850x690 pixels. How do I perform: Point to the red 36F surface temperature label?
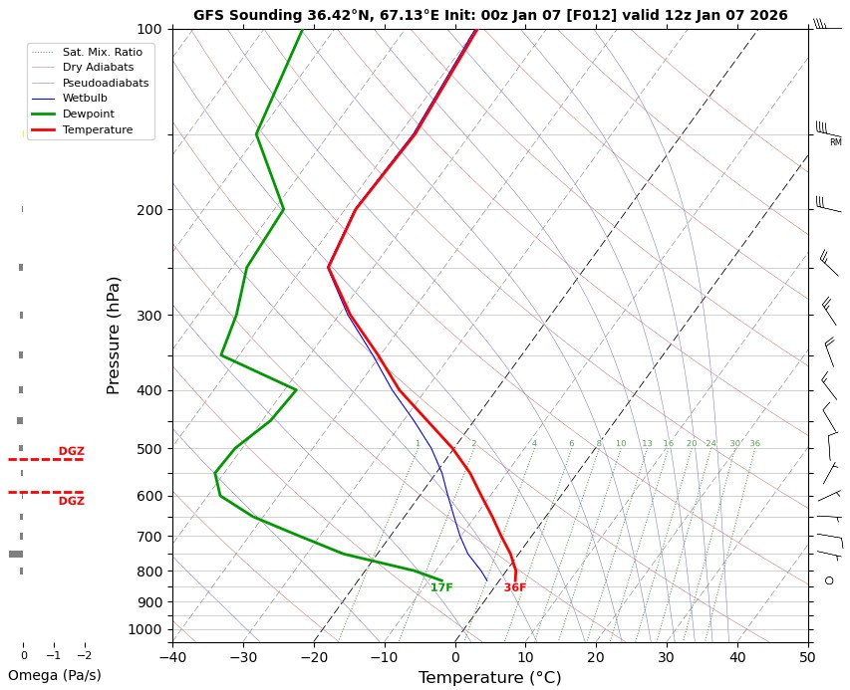[514, 587]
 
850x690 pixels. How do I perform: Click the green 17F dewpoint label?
[441, 587]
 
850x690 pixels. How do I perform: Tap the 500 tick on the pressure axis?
[149, 449]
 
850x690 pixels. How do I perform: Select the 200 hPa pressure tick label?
[149, 210]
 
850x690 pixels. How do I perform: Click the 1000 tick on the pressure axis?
[145, 629]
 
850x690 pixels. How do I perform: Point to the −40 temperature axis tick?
[172, 657]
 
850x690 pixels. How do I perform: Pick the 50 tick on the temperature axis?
[808, 657]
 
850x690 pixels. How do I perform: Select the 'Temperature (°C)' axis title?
[489, 678]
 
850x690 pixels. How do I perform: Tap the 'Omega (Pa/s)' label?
[54, 675]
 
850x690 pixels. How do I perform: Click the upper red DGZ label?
[71, 451]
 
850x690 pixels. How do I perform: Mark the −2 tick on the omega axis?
[84, 656]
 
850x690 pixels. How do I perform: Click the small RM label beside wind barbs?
[835, 142]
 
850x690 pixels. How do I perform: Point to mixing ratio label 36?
[754, 443]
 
